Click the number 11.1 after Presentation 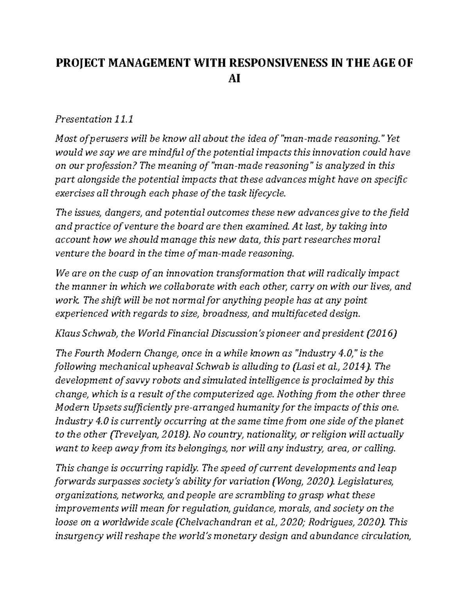[124, 119]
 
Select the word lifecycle [265, 193]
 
